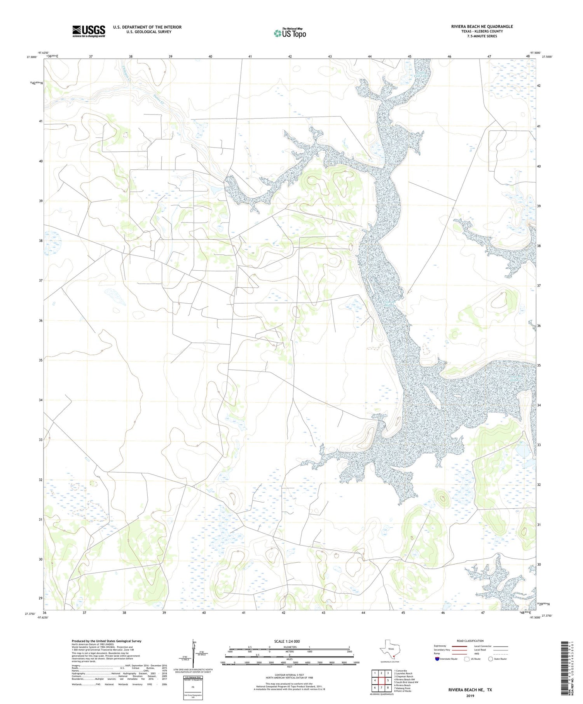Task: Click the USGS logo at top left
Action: click(89, 31)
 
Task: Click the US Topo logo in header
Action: click(290, 33)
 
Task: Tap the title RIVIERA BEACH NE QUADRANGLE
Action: click(482, 26)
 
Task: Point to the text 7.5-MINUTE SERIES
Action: click(482, 36)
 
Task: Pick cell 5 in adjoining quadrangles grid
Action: click(388, 680)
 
